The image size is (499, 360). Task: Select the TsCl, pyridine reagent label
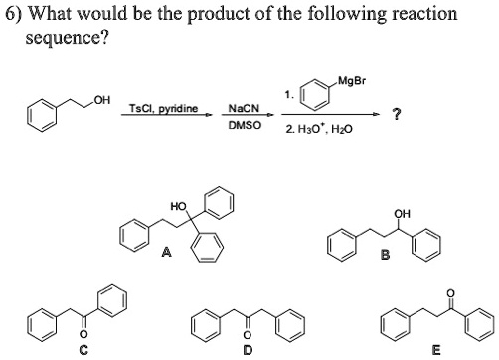coord(164,107)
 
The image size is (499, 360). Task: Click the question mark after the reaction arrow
coord(398,112)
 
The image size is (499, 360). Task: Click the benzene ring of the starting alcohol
coord(43,114)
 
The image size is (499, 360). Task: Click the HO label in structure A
coord(177,206)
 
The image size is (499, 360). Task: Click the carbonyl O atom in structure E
coord(452,292)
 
